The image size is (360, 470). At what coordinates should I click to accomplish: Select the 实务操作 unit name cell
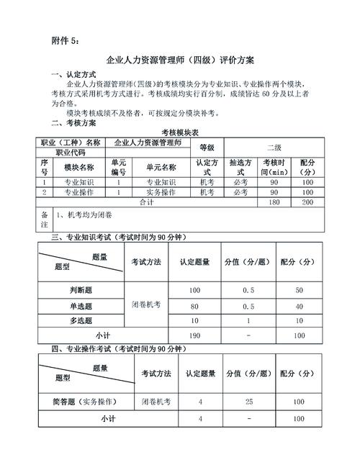pyautogui.click(x=161, y=193)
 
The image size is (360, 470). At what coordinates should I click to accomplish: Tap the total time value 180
pyautogui.click(x=274, y=203)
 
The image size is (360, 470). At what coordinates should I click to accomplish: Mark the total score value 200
pyautogui.click(x=307, y=203)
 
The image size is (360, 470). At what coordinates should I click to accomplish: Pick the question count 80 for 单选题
pyautogui.click(x=194, y=305)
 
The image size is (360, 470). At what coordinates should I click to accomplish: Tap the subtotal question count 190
pyautogui.click(x=194, y=336)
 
